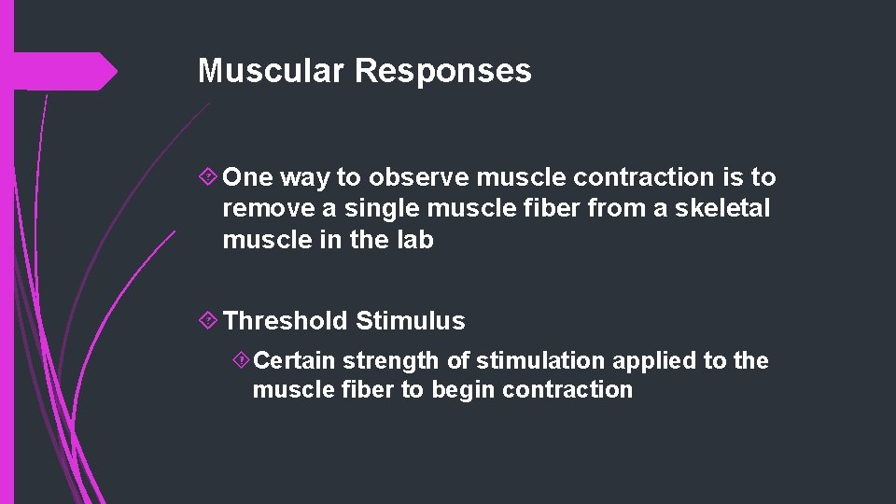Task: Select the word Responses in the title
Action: tap(442, 71)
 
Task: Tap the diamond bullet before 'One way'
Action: tap(210, 177)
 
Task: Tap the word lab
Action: tap(414, 240)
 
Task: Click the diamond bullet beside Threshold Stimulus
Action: tap(210, 321)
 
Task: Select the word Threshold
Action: tap(286, 321)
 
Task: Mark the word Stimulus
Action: tap(410, 321)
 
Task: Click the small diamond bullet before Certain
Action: tap(241, 360)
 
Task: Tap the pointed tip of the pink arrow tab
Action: tap(117, 72)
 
